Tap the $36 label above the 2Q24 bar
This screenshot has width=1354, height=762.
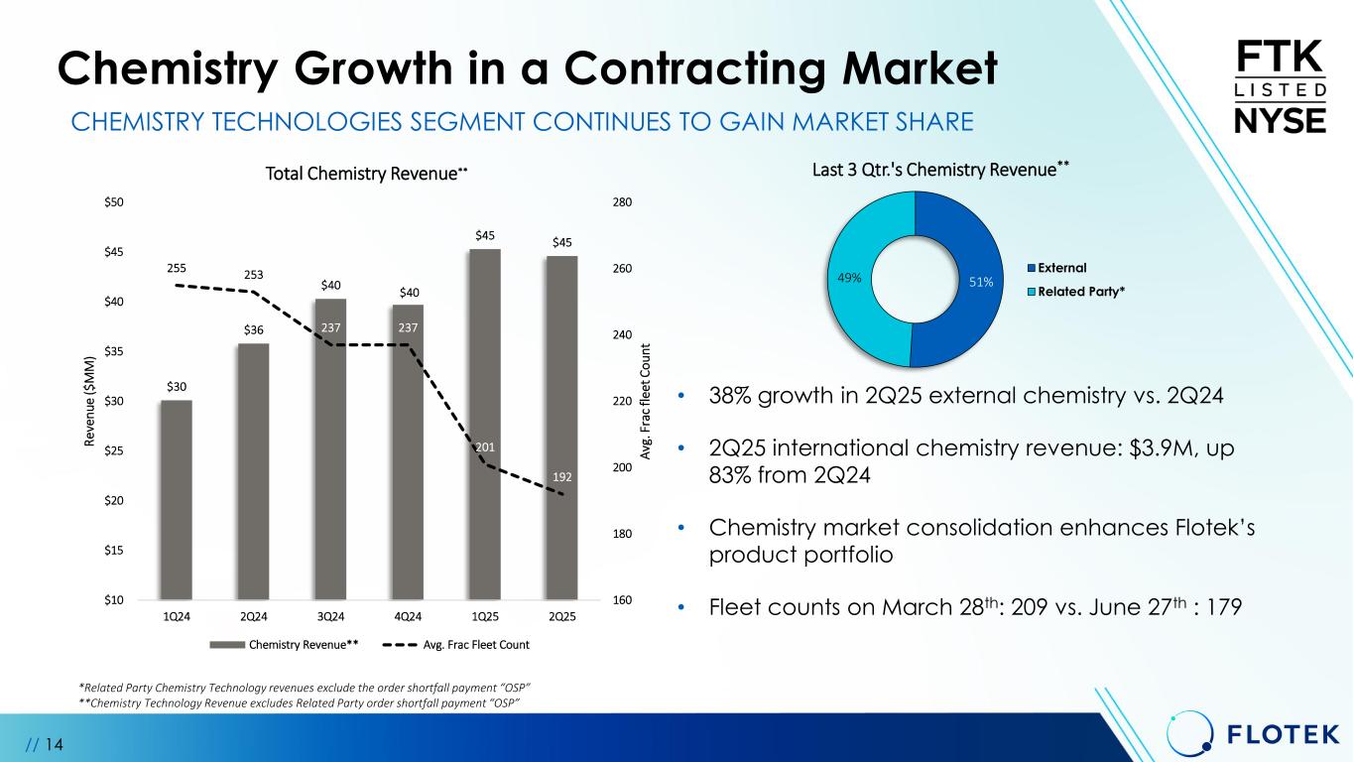coord(254,330)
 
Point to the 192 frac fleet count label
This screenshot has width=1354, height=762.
coord(562,476)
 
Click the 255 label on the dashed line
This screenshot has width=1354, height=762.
coord(177,268)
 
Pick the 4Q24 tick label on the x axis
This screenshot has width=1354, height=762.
coord(408,617)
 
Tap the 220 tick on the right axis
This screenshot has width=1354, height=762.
coord(624,402)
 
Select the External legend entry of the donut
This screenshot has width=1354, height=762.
coord(1064,268)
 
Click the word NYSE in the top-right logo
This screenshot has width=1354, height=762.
coord(1280,121)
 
